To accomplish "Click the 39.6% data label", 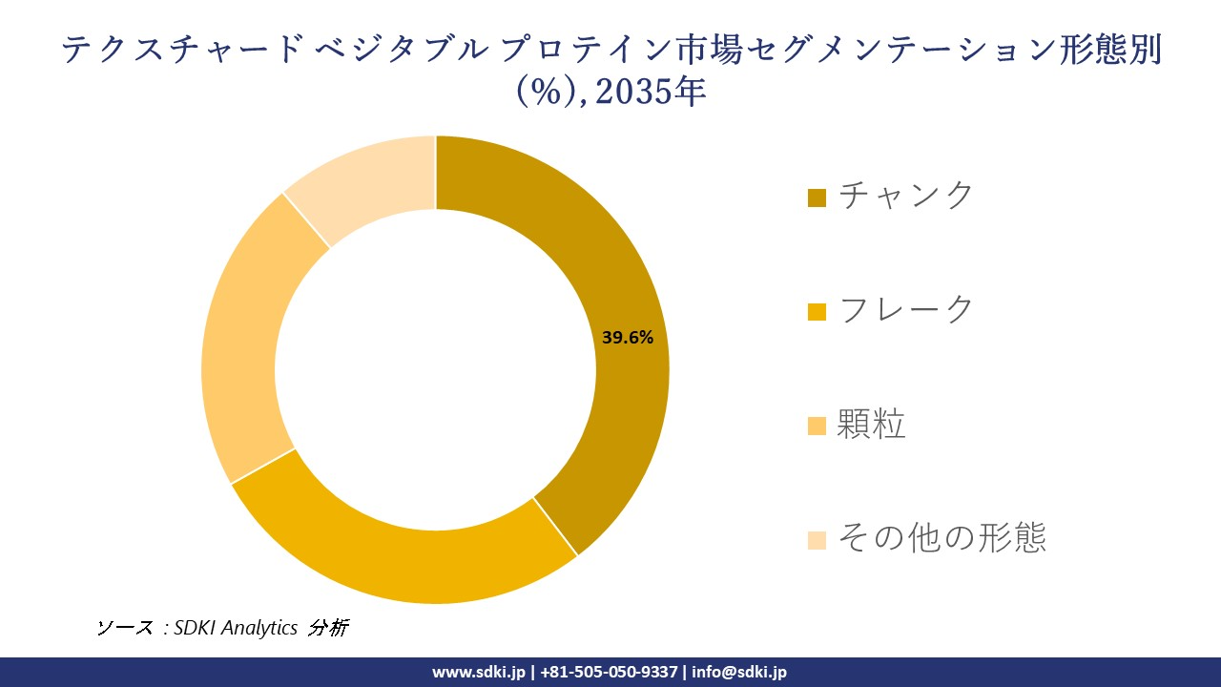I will [x=628, y=337].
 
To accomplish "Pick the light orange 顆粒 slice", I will [x=243, y=343].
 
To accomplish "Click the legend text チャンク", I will [x=906, y=195].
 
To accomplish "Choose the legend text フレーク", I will [x=906, y=309].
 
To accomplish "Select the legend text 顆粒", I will [x=871, y=424].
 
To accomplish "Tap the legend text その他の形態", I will [x=942, y=538].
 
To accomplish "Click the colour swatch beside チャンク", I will [x=817, y=198].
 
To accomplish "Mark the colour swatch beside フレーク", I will [x=817, y=312].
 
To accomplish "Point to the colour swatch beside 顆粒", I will [x=817, y=427].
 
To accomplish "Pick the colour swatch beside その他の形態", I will [x=817, y=541].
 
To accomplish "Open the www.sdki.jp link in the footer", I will [x=479, y=672].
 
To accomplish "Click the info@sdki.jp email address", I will [x=739, y=672].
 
